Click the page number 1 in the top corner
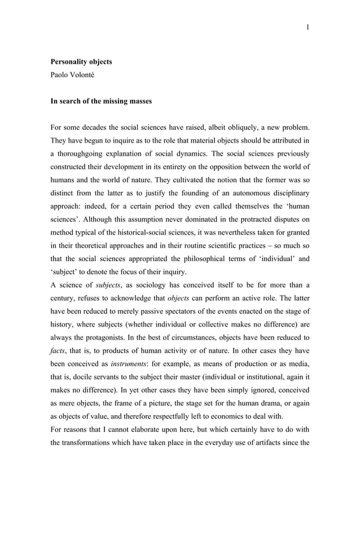click(x=308, y=26)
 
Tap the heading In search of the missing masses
click(x=101, y=101)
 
